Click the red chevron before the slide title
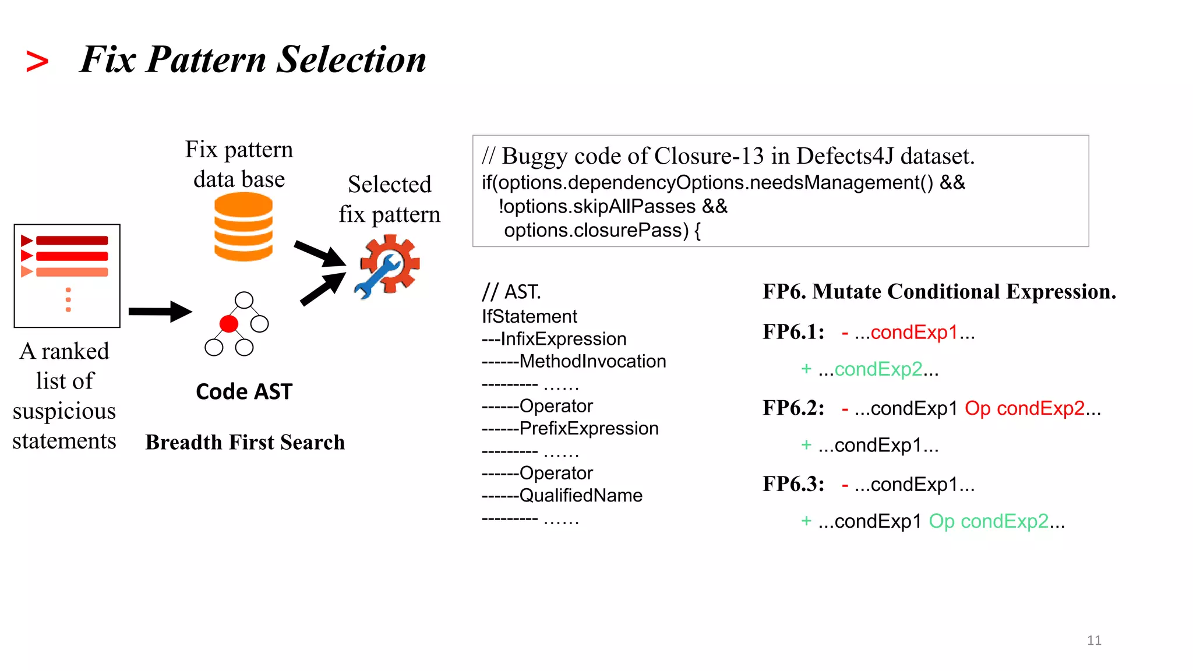coord(37,62)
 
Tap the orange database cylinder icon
coord(243,227)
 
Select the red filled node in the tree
coord(229,324)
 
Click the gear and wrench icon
coord(387,267)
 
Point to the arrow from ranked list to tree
coord(160,312)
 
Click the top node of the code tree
coord(244,300)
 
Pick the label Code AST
coord(244,391)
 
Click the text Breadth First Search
coord(245,442)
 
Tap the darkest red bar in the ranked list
coord(72,241)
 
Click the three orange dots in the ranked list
coord(68,299)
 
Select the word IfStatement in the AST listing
coord(529,316)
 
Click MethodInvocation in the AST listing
coord(592,361)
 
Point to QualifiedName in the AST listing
coord(581,495)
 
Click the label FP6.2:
coord(793,408)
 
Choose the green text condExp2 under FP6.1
coord(878,369)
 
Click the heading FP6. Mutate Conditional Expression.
coord(939,291)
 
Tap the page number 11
coord(1094,640)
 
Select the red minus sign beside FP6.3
coord(845,484)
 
